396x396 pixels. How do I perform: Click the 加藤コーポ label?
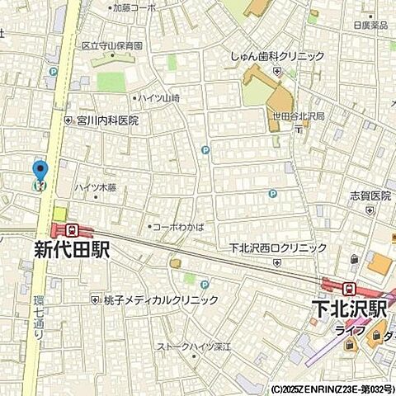[x=135, y=7]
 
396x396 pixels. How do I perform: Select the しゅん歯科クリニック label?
[x=277, y=57]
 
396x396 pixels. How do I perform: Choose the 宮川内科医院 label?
[x=108, y=120]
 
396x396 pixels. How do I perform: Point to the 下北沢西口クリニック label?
[x=278, y=247]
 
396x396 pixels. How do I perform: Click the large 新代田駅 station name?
[x=72, y=250]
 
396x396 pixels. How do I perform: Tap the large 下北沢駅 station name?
[x=350, y=309]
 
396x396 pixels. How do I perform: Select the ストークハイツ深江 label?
[x=195, y=346]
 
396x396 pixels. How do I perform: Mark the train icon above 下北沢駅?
[x=350, y=288]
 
